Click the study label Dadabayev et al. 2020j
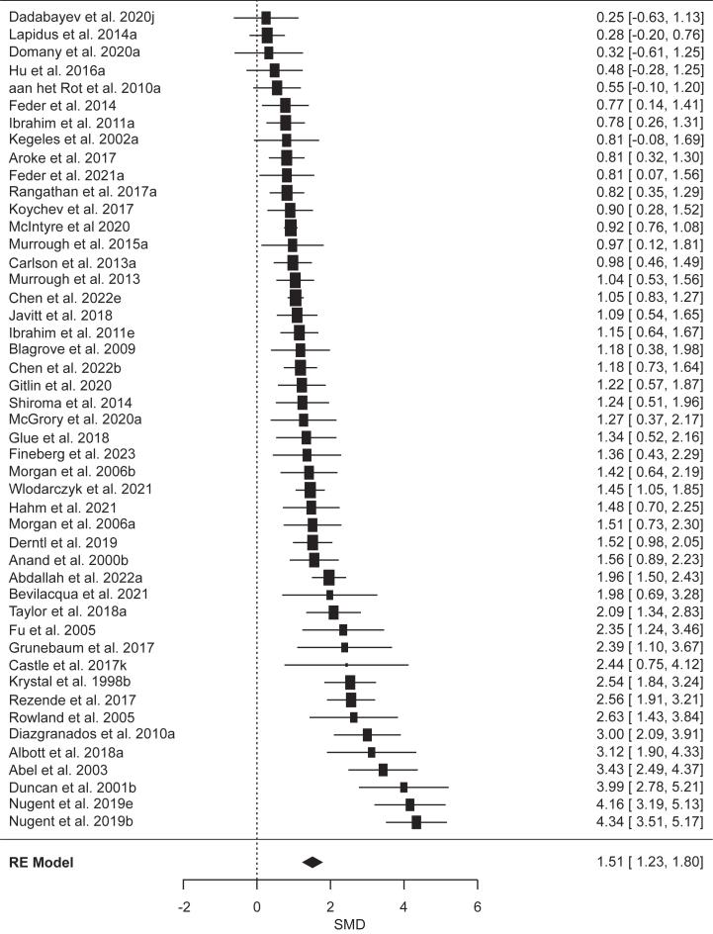point(75,18)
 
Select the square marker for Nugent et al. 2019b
point(416,821)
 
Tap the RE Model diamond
point(312,862)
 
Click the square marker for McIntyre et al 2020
point(291,228)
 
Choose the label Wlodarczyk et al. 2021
point(81,489)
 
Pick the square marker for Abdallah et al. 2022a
point(329,577)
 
